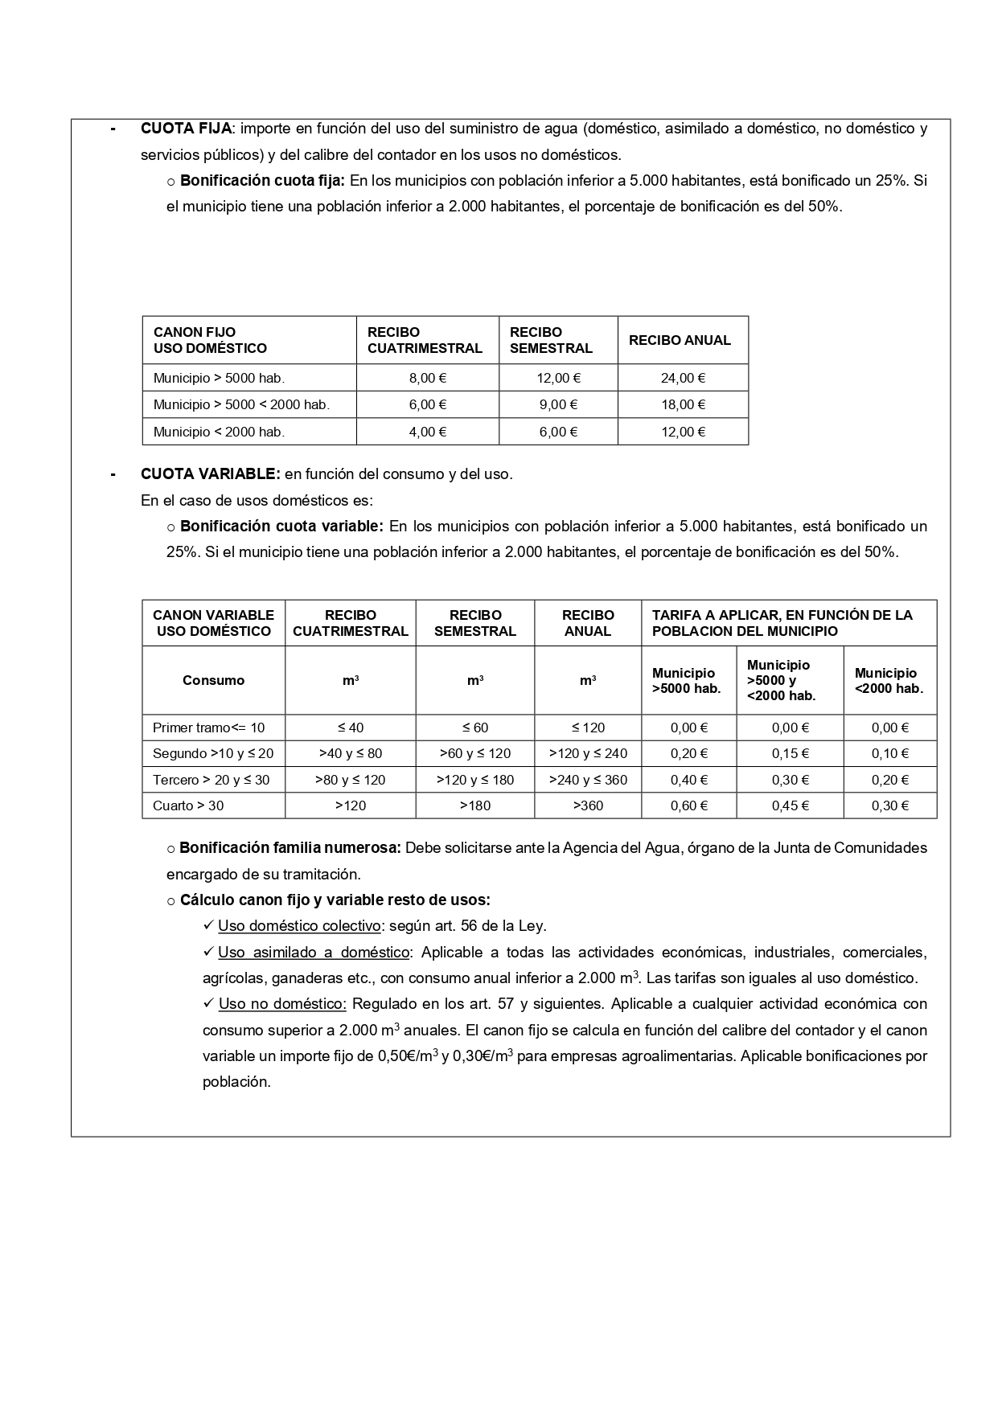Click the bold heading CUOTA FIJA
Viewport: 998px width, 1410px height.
click(186, 129)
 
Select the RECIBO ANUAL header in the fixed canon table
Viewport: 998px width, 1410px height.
click(680, 340)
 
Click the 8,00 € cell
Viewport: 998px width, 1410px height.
click(428, 378)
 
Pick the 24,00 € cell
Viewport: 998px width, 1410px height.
click(683, 378)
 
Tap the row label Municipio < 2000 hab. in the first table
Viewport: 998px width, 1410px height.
click(219, 432)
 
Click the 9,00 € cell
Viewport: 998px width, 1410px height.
click(558, 404)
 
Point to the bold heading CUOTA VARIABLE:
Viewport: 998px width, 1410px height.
click(210, 473)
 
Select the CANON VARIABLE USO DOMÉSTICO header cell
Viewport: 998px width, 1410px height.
click(213, 623)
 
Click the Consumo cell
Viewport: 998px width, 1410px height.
click(213, 680)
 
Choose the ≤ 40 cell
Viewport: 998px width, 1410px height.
click(351, 728)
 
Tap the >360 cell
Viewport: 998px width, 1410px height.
click(588, 805)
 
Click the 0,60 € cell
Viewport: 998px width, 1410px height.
click(689, 805)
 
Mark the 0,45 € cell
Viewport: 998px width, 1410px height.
click(790, 805)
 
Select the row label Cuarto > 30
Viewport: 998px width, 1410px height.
click(188, 805)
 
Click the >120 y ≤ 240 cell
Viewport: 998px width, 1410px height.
click(588, 753)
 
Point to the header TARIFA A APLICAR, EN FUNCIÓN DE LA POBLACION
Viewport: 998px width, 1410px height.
click(782, 623)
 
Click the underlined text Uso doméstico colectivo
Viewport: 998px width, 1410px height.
click(299, 926)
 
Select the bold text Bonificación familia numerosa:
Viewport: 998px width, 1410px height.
click(290, 848)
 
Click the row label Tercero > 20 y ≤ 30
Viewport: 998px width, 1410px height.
click(211, 780)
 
